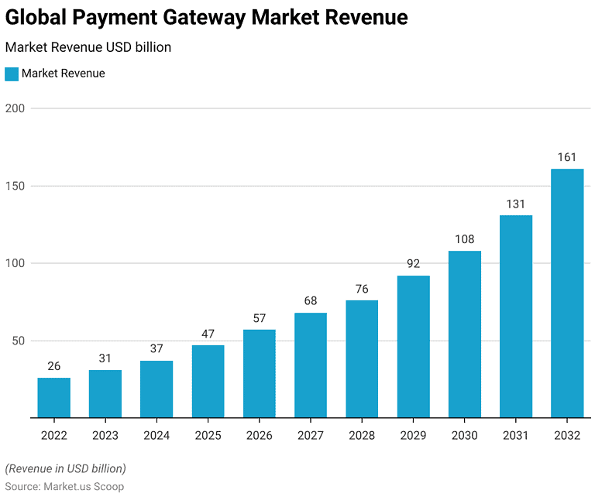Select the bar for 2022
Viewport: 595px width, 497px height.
coord(53,397)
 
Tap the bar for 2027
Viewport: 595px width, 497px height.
coord(311,365)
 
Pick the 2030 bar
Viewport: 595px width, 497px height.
coord(464,334)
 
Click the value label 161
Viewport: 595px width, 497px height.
coord(567,158)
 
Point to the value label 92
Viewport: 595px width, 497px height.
coord(413,264)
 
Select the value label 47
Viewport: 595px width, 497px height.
coord(208,334)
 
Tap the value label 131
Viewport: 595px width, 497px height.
coord(516,204)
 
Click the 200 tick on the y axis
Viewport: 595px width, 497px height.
coord(15,108)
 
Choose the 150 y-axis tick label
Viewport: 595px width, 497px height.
coord(15,186)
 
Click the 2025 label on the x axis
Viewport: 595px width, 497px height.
coord(208,436)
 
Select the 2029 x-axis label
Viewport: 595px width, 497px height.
coord(413,436)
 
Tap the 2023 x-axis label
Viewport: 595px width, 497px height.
coord(105,436)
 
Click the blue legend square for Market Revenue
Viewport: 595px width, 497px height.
coord(12,74)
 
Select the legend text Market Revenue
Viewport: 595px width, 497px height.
coord(64,74)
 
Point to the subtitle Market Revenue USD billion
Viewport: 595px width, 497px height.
coord(88,47)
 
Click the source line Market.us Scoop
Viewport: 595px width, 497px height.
coord(64,486)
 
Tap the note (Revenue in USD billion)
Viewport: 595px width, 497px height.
coord(65,468)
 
